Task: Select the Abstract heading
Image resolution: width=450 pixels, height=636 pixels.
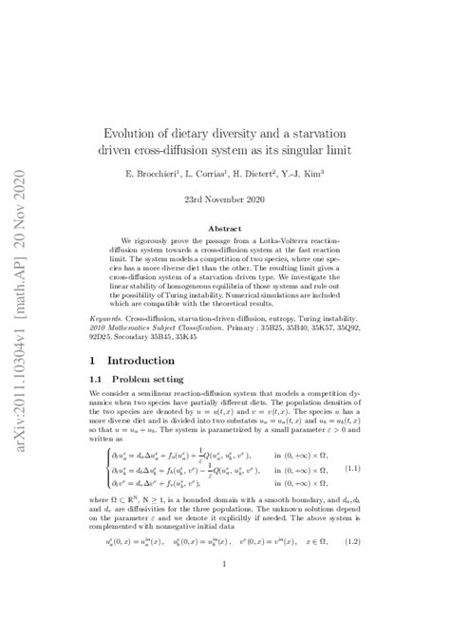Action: click(x=224, y=229)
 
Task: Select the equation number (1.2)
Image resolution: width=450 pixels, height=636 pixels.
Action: click(x=351, y=541)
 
